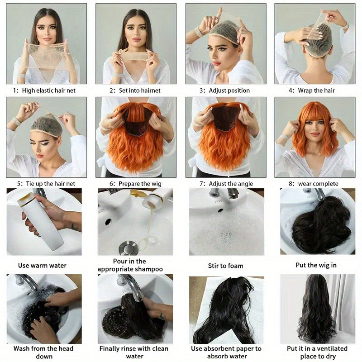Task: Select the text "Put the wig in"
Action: pos(316,265)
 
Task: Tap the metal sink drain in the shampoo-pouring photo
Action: pos(127,248)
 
